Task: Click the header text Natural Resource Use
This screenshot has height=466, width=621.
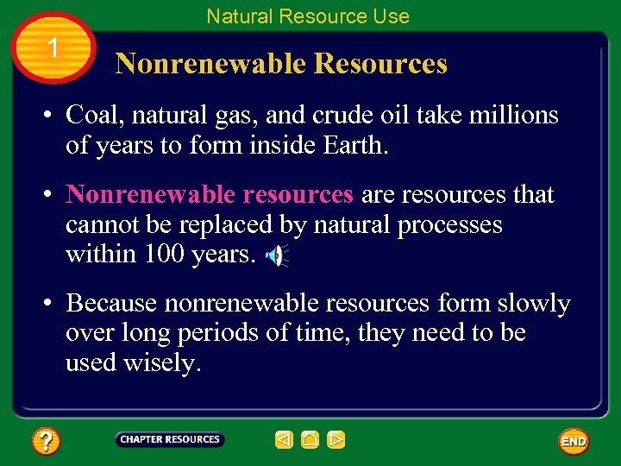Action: pyautogui.click(x=308, y=16)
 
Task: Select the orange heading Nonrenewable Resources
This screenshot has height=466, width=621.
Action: pyautogui.click(x=281, y=64)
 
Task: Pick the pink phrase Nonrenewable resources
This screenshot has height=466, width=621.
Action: pyautogui.click(x=210, y=195)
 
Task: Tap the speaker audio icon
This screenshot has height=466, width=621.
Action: pyautogui.click(x=275, y=255)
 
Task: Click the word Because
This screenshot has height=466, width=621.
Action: pyautogui.click(x=111, y=304)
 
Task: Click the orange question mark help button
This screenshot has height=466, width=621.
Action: pyautogui.click(x=46, y=442)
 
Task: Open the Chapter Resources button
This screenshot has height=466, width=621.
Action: pyautogui.click(x=170, y=440)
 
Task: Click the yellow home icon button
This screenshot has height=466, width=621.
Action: pyautogui.click(x=310, y=440)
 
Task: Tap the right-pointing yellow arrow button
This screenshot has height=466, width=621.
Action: pyautogui.click(x=336, y=440)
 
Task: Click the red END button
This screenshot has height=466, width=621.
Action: pyautogui.click(x=574, y=441)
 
